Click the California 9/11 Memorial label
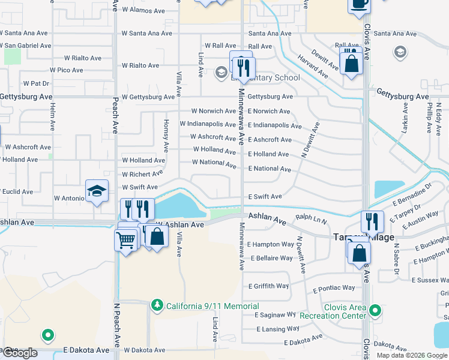pyautogui.click(x=212, y=306)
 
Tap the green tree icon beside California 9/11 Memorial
pyautogui.click(x=157, y=305)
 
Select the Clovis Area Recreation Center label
pyautogui.click(x=345, y=311)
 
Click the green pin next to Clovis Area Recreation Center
pyautogui.click(x=375, y=311)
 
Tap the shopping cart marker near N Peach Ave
pyautogui.click(x=125, y=240)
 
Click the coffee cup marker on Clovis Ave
pyautogui.click(x=360, y=4)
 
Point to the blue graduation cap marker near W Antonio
pyautogui.click(x=97, y=191)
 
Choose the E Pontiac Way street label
pyautogui.click(x=334, y=289)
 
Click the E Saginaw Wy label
pyautogui.click(x=276, y=315)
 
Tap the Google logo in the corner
pyautogui.click(x=20, y=353)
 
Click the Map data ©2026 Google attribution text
pyautogui.click(x=411, y=355)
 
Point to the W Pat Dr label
pyautogui.click(x=35, y=83)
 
